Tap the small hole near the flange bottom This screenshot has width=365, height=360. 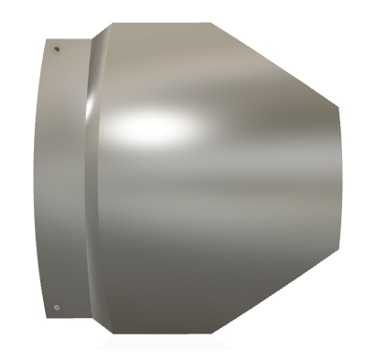coord(58,307)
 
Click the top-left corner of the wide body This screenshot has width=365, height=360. coord(109,24)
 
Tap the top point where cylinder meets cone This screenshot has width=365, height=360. coord(212,23)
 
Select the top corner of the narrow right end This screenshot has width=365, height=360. coord(338,104)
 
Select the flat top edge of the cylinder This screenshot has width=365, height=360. coord(160,23)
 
